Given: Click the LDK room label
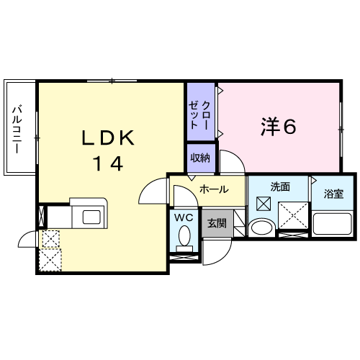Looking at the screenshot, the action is point(108,138).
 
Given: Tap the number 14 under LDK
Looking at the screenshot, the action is point(109,163).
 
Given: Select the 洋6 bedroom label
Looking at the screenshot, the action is point(279,127).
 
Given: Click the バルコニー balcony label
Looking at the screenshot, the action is point(17,129).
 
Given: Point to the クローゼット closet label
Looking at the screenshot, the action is point(199,115).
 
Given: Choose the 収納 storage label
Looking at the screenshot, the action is point(200,158).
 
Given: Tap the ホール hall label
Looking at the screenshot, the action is point(214,189).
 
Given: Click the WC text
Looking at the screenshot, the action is point(184,217).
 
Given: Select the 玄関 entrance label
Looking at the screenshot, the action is point(217,223).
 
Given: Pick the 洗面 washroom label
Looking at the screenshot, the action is point(280,186).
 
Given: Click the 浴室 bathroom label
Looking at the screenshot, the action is point(333,194).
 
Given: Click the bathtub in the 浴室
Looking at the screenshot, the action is point(333,224).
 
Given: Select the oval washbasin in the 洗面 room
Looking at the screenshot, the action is point(262,227).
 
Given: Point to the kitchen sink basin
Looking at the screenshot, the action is point(91,217).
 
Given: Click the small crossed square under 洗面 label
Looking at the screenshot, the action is point(264,204).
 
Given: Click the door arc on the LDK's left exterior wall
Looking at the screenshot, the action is point(23,235).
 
